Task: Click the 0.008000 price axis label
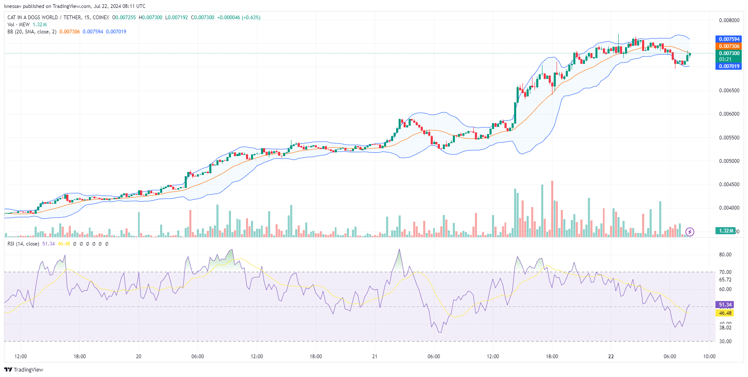[729, 20]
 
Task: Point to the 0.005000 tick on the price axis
[729, 161]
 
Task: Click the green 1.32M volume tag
[726, 231]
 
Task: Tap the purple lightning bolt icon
[690, 232]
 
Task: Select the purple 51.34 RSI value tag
[725, 305]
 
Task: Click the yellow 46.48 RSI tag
[725, 313]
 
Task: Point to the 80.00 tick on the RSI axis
[725, 255]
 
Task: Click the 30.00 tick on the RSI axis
[725, 342]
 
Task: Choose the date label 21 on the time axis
[375, 357]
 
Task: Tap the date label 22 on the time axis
[611, 357]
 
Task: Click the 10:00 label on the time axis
[709, 357]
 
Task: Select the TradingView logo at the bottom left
[24, 370]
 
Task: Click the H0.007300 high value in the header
[151, 18]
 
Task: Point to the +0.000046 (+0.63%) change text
[238, 18]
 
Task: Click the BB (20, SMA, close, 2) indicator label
[32, 32]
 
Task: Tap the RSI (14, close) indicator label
[23, 244]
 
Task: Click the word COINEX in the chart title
[101, 18]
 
